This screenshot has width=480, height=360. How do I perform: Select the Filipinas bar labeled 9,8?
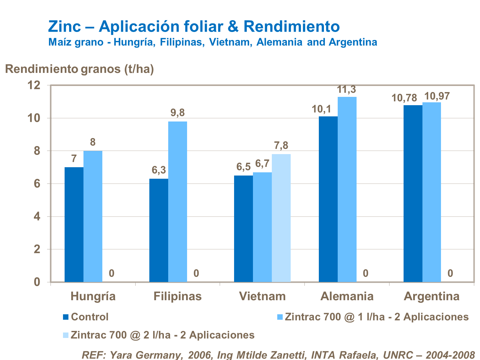pyautogui.click(x=177, y=201)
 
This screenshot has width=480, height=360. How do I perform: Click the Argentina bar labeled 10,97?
pyautogui.click(x=432, y=192)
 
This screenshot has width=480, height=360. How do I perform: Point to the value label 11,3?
pyautogui.click(x=347, y=90)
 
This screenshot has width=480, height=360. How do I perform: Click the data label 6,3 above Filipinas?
pyautogui.click(x=159, y=170)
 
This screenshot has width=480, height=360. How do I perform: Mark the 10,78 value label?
pyautogui.click(x=404, y=98)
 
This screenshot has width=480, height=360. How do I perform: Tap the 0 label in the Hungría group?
pyautogui.click(x=112, y=273)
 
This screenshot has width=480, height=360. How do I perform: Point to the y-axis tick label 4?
pyautogui.click(x=37, y=216)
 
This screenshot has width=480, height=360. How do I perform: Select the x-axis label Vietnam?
pyautogui.click(x=262, y=296)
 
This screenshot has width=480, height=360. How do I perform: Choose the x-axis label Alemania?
pyautogui.click(x=347, y=296)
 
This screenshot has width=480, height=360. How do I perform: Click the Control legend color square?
pyautogui.click(x=66, y=317)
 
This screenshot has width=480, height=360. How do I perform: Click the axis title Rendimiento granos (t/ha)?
pyautogui.click(x=79, y=69)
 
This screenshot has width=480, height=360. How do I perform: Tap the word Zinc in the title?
pyautogui.click(x=65, y=26)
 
